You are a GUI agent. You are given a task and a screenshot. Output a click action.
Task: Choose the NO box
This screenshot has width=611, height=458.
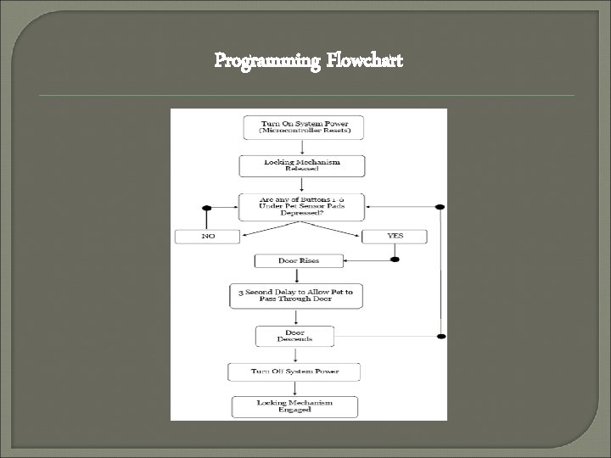coord(207,237)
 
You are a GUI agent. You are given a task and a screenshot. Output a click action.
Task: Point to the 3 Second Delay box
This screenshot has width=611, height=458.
coord(296,296)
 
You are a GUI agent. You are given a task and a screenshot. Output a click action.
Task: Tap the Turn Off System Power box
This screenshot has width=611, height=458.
coord(294,371)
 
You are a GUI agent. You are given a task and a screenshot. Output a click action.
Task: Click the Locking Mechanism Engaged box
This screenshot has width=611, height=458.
coord(294,405)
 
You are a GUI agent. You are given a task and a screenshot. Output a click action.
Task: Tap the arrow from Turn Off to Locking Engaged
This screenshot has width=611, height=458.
coord(294,388)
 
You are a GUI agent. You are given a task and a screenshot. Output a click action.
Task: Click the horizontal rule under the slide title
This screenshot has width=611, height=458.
coord(305,96)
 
